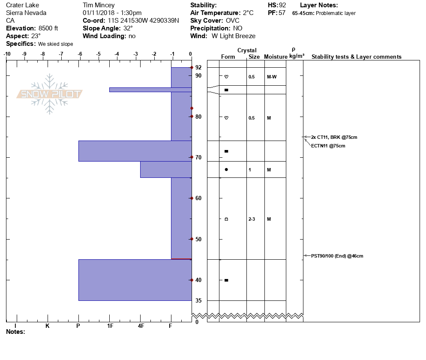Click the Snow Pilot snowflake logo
click(x=49, y=94)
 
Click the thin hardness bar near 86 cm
click(x=150, y=90)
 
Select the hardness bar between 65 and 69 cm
click(x=166, y=170)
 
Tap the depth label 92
click(x=198, y=67)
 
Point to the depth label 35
click(x=198, y=300)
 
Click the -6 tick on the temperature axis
click(x=80, y=54)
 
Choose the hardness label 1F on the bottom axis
click(x=110, y=326)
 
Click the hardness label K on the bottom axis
click(x=48, y=326)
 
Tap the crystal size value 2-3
click(x=252, y=219)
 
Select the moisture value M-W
click(x=272, y=77)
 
